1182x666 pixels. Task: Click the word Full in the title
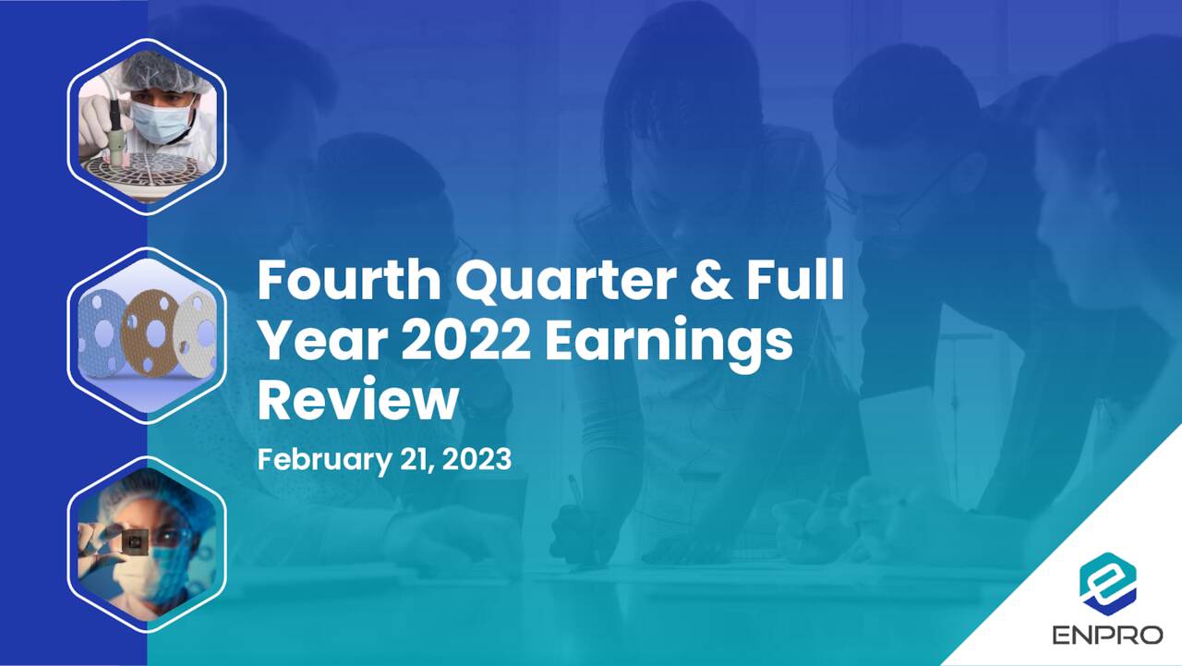[x=794, y=281]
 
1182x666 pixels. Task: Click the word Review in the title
[x=357, y=400]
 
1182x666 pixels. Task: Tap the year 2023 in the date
[x=476, y=459]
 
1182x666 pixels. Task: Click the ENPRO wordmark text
[x=1107, y=636]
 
